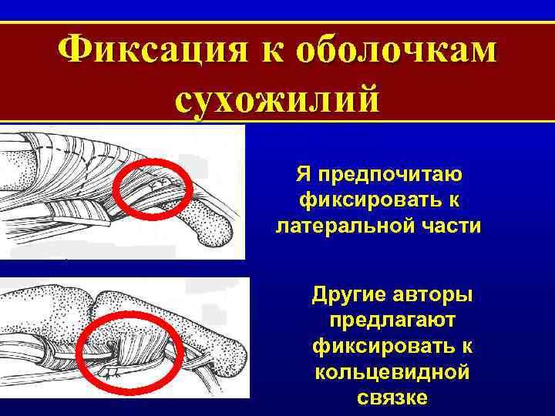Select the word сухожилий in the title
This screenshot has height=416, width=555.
277,100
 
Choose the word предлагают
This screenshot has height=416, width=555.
392,320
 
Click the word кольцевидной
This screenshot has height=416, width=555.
392,372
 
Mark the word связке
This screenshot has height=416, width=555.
392,398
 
